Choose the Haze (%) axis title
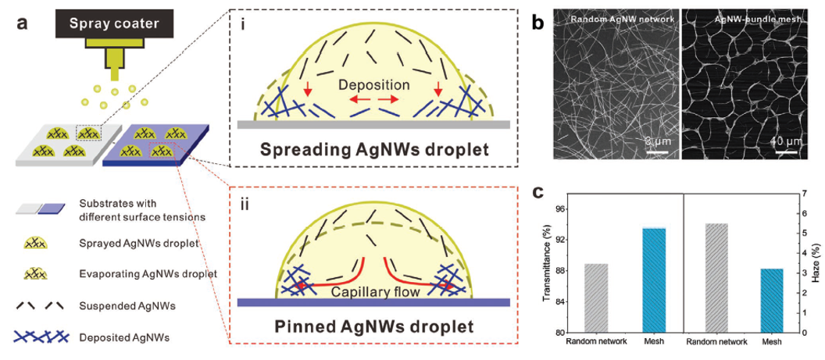click(816, 263)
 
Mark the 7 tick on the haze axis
click(804, 193)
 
